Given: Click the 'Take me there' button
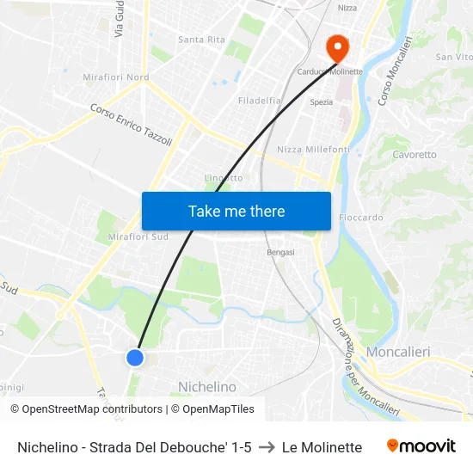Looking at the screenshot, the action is [236, 211].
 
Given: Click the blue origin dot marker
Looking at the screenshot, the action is [135, 357].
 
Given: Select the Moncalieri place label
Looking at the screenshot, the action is [397, 352].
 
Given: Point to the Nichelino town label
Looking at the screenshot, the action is [206, 387].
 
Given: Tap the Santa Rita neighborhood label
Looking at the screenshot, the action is [201, 40].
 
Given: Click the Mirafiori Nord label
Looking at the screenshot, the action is [115, 77].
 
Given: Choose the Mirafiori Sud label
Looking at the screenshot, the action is [138, 237].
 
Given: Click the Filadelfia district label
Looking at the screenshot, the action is [260, 101].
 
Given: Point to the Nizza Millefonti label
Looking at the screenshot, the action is [313, 150].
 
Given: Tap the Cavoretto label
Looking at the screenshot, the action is [415, 155].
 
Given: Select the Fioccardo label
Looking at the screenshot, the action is [361, 218].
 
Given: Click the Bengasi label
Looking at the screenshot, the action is [280, 252].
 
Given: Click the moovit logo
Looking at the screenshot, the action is [421, 446].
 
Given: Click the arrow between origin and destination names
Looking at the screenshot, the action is [267, 447].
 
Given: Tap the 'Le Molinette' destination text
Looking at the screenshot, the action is [322, 447].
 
